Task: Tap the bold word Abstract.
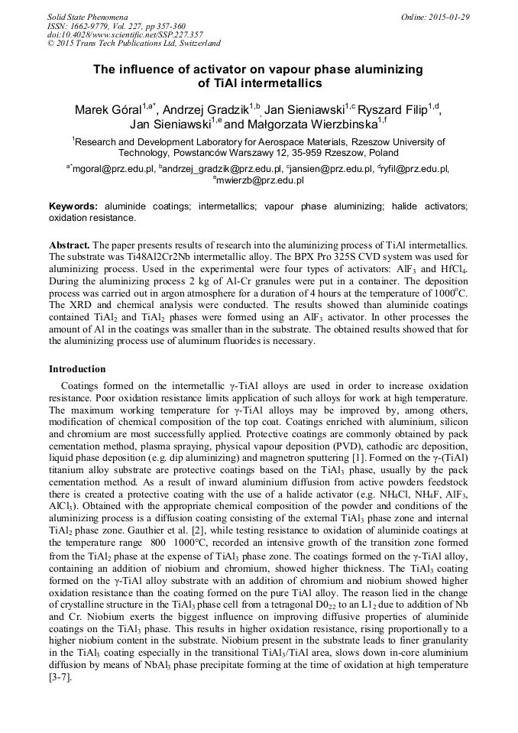(70, 242)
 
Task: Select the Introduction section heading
(77, 369)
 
